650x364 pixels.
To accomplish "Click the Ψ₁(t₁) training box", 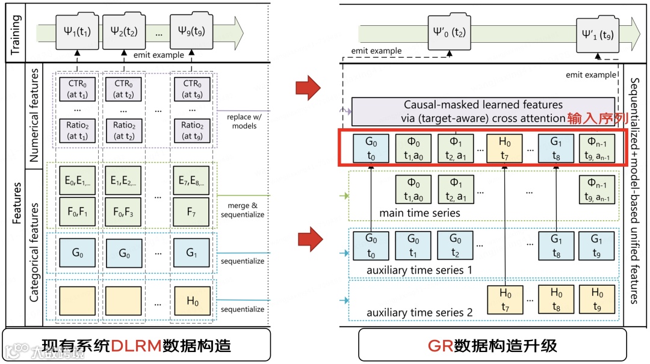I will (77, 29).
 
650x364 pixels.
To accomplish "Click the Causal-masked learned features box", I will (483, 111).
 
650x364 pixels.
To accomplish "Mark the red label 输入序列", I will (593, 119).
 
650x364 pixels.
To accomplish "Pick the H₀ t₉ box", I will (596, 299).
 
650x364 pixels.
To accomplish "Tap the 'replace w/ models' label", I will (243, 121).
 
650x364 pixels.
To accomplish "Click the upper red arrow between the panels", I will (310, 88).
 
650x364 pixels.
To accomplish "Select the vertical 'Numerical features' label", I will (34, 114).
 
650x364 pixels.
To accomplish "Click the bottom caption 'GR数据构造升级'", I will (492, 346).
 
